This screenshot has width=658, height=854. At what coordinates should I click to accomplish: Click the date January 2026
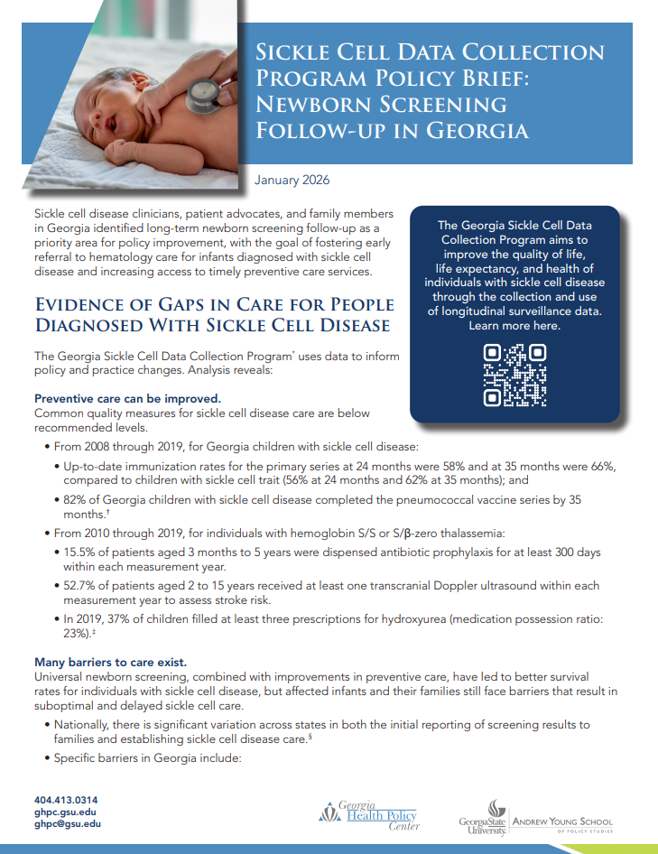(292, 181)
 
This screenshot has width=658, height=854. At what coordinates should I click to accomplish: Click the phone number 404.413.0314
(66, 800)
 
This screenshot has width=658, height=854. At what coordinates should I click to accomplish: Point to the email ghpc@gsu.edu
(68, 823)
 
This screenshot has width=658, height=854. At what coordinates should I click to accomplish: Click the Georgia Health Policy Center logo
(368, 814)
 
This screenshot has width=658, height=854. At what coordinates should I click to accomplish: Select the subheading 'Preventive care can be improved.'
(127, 398)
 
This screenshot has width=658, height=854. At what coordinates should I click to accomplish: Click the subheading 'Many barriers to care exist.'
(110, 663)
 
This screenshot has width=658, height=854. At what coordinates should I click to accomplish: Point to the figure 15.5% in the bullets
(79, 552)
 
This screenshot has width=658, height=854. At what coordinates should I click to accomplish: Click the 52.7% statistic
(79, 586)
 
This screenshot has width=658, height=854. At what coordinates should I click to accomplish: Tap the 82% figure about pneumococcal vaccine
(75, 499)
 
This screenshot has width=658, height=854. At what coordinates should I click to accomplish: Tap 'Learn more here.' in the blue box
(514, 326)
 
